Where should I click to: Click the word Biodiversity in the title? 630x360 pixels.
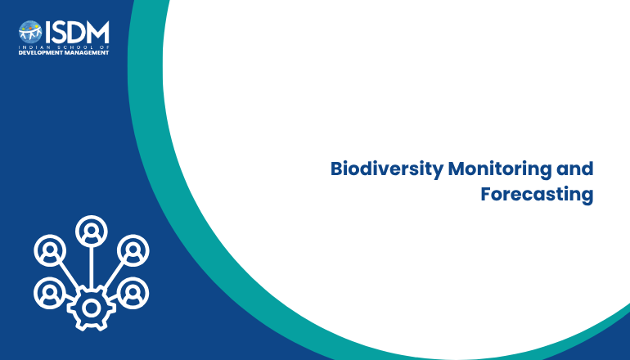point(386,169)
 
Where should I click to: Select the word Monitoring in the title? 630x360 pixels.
point(500,169)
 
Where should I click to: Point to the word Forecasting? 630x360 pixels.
point(537,195)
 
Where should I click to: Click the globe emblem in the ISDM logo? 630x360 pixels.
point(30,32)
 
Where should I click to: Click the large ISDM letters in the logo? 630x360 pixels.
point(77,32)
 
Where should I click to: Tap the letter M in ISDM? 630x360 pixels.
point(97,32)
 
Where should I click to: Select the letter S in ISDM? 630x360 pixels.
point(58,32)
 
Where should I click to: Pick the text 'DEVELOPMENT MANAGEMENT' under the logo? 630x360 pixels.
point(64,52)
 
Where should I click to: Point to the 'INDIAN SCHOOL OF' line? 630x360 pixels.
point(64,47)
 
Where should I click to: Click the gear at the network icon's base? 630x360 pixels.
point(92,308)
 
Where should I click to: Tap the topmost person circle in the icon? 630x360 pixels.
point(92,231)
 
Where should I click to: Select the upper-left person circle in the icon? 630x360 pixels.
point(50,250)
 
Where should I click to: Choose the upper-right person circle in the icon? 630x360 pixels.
point(133,250)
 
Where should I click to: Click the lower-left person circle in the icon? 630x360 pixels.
point(50,293)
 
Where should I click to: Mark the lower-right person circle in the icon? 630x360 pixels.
point(133,293)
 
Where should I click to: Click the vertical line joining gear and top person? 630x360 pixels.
point(92,268)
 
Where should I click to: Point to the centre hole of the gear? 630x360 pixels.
point(92,308)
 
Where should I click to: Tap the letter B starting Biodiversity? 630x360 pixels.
point(336,169)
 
